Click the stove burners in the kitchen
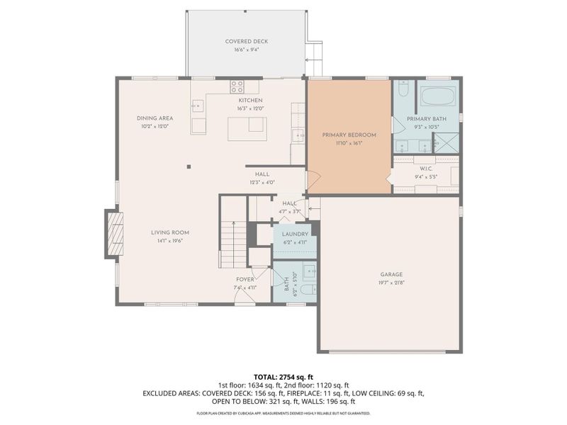point(237,87)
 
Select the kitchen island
point(247,128)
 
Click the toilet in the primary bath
point(402,91)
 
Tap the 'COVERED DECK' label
point(246,42)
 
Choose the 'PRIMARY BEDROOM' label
point(349,135)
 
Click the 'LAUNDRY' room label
point(294,234)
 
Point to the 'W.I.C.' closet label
point(426,168)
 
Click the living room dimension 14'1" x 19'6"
point(169,241)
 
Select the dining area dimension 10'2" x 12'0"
point(155,126)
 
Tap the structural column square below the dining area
point(189,167)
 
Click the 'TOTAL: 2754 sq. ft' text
point(283,375)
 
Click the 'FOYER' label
point(246,280)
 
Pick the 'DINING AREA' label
point(155,118)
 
